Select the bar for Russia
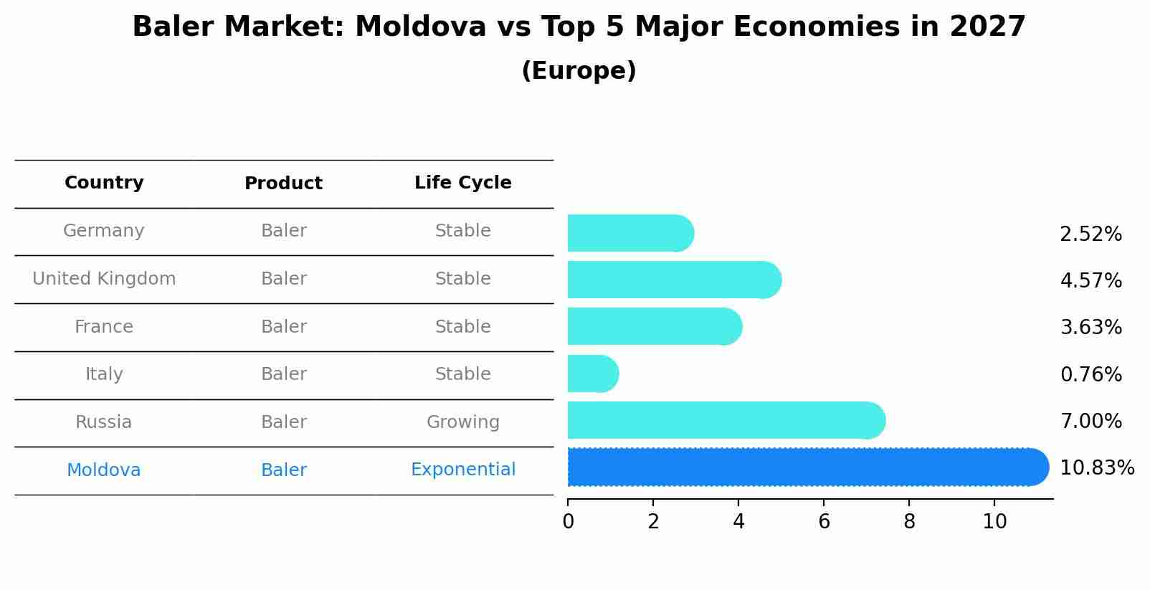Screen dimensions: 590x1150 click(724, 420)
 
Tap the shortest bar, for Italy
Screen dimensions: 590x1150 click(591, 373)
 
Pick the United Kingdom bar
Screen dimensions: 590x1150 click(673, 280)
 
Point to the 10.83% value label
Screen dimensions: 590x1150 click(1096, 468)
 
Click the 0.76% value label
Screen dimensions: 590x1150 click(1090, 374)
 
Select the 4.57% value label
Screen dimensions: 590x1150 click(1090, 280)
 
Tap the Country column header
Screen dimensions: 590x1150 click(104, 183)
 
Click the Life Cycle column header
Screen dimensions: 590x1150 click(462, 183)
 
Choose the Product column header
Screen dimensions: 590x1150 click(283, 184)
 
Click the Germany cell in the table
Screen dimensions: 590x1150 click(104, 231)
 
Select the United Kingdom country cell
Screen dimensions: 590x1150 click(104, 279)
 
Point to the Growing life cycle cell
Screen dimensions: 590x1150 click(462, 422)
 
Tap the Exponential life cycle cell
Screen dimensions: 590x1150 click(462, 470)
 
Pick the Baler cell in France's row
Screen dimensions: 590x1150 click(283, 327)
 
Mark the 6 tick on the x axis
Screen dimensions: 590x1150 click(824, 522)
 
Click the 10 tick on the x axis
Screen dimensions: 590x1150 click(994, 522)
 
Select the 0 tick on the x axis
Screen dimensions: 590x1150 click(568, 522)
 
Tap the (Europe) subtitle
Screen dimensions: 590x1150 click(579, 71)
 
